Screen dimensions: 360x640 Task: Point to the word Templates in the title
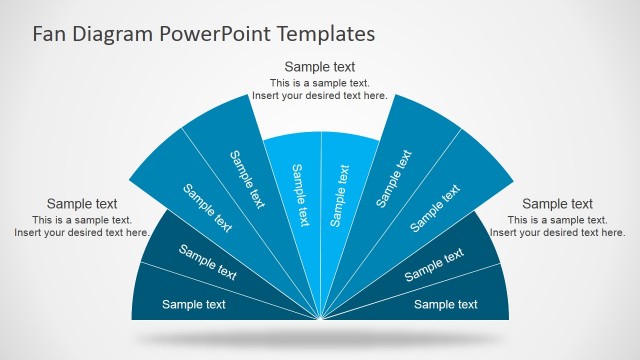[x=327, y=34]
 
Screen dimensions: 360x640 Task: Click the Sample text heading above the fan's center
[x=320, y=68]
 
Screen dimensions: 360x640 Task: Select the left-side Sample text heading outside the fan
[x=82, y=204]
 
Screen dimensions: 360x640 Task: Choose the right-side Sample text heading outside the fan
[x=557, y=204]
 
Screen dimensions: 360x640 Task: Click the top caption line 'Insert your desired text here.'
[x=320, y=96]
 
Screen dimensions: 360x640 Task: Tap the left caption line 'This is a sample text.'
[x=82, y=220]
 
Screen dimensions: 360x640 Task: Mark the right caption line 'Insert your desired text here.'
[x=557, y=233]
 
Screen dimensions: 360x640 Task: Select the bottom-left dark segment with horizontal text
[x=194, y=304]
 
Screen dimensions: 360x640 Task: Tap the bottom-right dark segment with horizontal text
[x=446, y=304]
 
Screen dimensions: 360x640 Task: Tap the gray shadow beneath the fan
[x=320, y=339]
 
